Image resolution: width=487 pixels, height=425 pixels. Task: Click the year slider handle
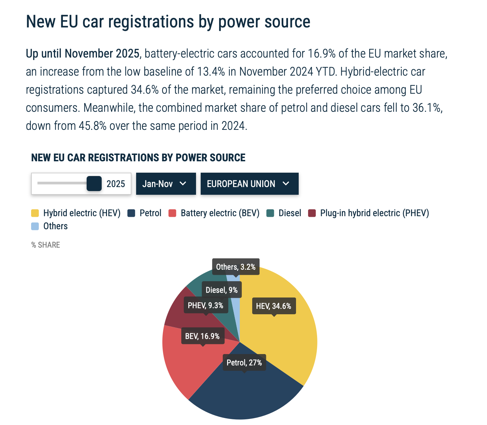pos(94,184)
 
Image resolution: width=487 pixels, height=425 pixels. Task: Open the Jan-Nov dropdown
pos(166,184)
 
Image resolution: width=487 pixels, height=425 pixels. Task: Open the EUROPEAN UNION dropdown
pos(249,184)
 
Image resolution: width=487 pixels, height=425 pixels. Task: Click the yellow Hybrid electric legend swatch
pos(35,213)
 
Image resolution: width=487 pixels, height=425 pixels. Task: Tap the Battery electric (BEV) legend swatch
pos(173,213)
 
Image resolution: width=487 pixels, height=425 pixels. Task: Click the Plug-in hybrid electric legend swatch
pos(312,213)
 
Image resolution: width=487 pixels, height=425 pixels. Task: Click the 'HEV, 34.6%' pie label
pos(274,306)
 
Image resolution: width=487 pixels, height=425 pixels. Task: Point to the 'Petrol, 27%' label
pos(244,362)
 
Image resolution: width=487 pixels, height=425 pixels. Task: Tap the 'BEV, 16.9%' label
pos(202,336)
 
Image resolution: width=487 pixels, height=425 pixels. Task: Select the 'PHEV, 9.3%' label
pos(205,305)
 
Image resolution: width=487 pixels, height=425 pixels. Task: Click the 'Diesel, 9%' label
pos(221,290)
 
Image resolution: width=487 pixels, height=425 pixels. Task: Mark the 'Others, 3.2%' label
pos(236,267)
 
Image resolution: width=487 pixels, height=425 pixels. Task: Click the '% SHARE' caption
pos(46,245)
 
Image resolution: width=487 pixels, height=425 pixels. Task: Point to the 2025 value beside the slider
pos(116,184)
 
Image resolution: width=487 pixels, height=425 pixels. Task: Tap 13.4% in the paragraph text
pos(211,72)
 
